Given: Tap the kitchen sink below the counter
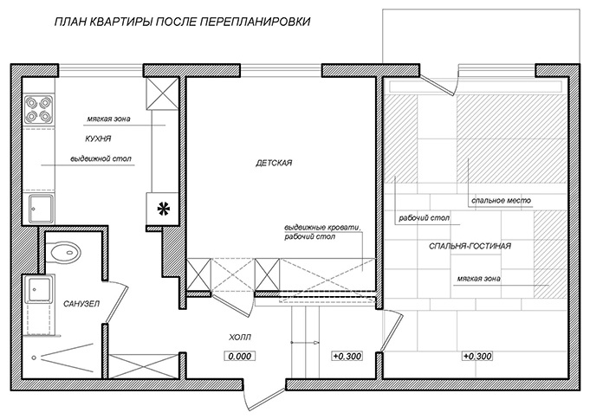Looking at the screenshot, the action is pyautogui.click(x=42, y=209).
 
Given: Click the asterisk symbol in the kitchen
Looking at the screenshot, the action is pyautogui.click(x=163, y=209).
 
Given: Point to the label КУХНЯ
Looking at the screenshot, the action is pyautogui.click(x=98, y=139).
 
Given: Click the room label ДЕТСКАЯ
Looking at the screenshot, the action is pyautogui.click(x=274, y=163).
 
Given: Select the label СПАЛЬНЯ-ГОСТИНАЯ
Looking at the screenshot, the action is pyautogui.click(x=470, y=246).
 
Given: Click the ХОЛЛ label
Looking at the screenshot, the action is pyautogui.click(x=240, y=338).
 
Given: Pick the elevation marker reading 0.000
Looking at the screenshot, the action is pyautogui.click(x=240, y=356).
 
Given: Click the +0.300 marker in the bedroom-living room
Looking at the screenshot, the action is pyautogui.click(x=477, y=356).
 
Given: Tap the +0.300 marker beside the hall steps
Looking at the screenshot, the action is pyautogui.click(x=347, y=356).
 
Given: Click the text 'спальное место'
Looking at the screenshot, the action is pyautogui.click(x=501, y=201).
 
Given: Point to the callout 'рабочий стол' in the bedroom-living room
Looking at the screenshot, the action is pyautogui.click(x=424, y=218).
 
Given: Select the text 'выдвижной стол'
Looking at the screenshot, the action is pyautogui.click(x=101, y=159).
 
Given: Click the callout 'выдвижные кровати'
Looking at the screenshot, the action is pyautogui.click(x=322, y=229).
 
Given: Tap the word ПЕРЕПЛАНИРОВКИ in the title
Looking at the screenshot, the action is pyautogui.click(x=255, y=22).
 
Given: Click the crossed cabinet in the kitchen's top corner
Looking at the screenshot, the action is pyautogui.click(x=162, y=93).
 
